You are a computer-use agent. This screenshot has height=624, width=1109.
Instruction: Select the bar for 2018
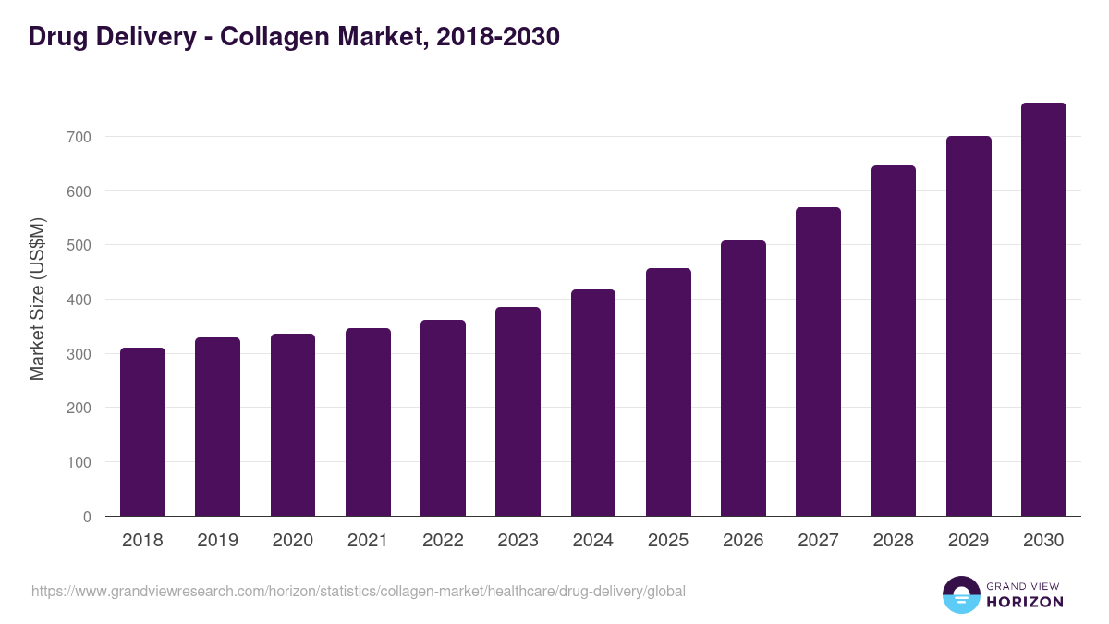pos(142,432)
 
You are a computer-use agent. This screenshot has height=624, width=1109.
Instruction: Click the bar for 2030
pos(1043,310)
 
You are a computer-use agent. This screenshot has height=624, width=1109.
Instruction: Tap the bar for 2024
pos(593,403)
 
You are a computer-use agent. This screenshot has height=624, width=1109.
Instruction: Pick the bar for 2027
pos(818,361)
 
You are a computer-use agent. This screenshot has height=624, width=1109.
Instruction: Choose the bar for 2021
pos(368,422)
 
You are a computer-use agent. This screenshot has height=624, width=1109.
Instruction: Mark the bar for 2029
pos(969,326)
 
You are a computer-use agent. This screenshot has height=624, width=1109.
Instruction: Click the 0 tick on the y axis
pos(87,517)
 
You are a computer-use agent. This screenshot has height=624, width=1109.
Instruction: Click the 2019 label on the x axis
pos(217,541)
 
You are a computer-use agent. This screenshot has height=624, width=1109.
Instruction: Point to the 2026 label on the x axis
pos(743,541)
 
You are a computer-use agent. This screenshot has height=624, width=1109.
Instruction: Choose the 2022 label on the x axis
pos(443,541)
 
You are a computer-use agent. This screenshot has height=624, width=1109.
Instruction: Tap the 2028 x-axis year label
pos(894,541)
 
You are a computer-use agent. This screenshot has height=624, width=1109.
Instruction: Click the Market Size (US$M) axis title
pos(37,300)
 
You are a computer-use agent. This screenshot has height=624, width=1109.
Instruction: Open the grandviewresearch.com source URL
pos(358,591)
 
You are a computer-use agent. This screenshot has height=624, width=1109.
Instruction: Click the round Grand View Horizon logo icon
pos(960,594)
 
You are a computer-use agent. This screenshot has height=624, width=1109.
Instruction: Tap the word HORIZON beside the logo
pos(1025,602)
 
